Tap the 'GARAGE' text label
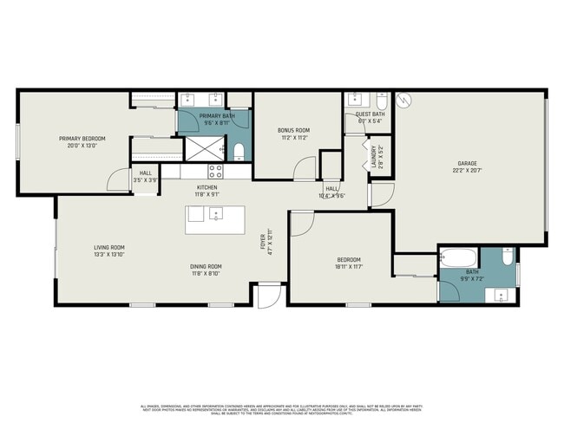[468, 163]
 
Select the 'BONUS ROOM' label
[293, 130]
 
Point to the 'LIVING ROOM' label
[109, 248]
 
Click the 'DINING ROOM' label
[207, 266]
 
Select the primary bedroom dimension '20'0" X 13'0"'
[82, 146]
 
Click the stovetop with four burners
[215, 170]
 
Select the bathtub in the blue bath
[458, 257]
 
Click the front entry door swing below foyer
[269, 297]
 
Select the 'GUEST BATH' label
[371, 114]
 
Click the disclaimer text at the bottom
[282, 409]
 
